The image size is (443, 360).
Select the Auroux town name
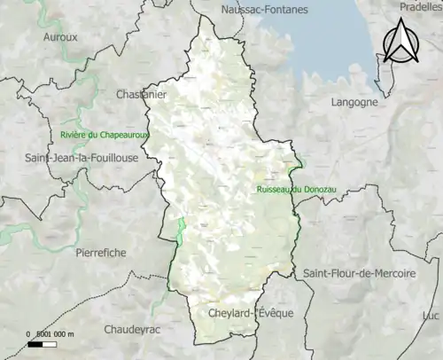pos(60,37)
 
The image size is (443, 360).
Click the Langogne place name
pos(354,102)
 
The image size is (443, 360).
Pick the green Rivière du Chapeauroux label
pos(105,135)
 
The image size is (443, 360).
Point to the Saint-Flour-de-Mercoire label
pos(359,274)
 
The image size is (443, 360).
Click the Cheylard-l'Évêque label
pos(251,314)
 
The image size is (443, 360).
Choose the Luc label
pos(431,317)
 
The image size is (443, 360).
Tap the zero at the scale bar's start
pos(27,333)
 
